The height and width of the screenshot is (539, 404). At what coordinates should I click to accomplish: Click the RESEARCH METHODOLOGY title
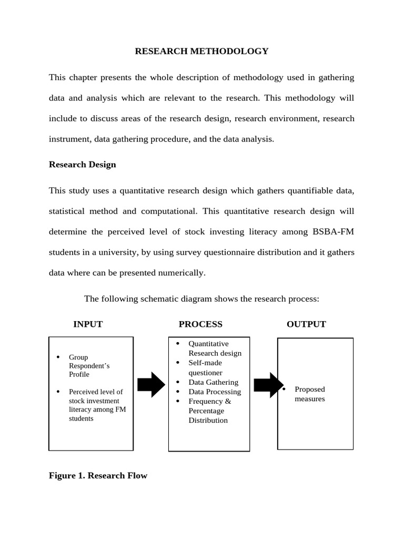(x=201, y=51)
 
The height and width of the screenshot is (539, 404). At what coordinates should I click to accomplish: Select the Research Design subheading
(x=83, y=164)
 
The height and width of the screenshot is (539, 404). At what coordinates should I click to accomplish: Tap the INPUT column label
(x=88, y=324)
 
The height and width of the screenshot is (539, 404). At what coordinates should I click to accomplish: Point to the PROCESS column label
(x=200, y=324)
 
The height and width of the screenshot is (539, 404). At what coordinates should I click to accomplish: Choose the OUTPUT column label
(x=306, y=324)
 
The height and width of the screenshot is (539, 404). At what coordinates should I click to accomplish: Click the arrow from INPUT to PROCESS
(x=151, y=385)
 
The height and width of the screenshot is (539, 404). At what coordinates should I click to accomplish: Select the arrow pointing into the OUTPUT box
(x=268, y=385)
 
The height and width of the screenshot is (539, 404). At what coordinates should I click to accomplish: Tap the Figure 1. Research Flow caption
(x=98, y=476)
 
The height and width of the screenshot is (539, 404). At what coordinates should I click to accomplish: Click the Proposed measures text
(x=310, y=394)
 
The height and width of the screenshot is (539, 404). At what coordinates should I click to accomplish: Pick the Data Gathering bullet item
(x=213, y=382)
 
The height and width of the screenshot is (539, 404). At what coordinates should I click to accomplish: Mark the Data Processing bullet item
(x=215, y=392)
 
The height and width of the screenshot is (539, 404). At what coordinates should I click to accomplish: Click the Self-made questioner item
(x=205, y=367)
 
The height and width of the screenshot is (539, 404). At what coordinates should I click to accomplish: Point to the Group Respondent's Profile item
(x=89, y=366)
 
